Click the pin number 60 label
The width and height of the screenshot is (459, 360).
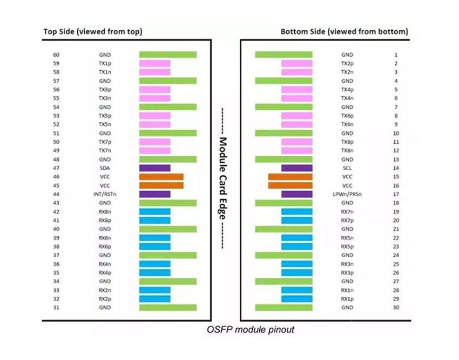pos(56,55)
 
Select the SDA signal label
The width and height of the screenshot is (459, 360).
pos(105,168)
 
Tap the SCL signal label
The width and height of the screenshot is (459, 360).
pos(347,168)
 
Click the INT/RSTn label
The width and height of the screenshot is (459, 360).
pos(105,194)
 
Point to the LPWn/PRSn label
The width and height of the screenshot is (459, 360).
pos(347,194)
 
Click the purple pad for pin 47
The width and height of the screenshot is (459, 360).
pos(155,168)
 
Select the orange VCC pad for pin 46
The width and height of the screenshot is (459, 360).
pos(161,177)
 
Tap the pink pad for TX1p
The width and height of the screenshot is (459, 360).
pos(155,63)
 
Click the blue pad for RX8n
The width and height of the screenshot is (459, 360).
pos(155,212)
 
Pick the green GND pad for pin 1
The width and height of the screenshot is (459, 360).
pos(283,55)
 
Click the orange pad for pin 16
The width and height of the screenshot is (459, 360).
pos(290,185)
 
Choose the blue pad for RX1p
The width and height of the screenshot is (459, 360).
pos(297,299)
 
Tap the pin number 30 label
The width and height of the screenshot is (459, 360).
pos(396,308)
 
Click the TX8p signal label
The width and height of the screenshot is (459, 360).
pos(347,142)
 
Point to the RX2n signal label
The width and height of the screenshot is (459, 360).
pos(105,290)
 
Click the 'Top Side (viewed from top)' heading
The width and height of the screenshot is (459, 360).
pos(93,32)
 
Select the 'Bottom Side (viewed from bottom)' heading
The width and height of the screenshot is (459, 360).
pos(345,32)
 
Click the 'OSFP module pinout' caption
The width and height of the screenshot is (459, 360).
pos(250,330)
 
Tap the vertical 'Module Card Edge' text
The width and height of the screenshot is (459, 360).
pos(223,178)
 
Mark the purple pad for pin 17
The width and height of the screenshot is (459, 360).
pos(297,194)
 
